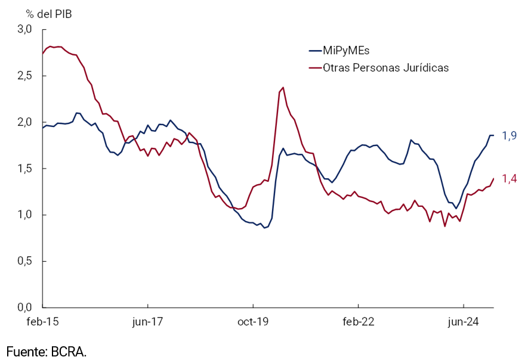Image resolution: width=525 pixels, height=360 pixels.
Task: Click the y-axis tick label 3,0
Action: [23, 29]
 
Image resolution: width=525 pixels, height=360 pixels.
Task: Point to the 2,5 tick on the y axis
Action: [23, 76]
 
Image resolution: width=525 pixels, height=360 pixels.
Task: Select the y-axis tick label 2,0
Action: [23, 122]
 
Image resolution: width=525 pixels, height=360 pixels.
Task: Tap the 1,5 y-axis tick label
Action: [23, 169]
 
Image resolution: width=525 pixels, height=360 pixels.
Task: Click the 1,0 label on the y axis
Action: [23, 215]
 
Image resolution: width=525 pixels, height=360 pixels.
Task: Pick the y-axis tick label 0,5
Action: [23, 261]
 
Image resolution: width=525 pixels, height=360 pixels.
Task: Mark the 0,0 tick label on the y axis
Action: [23, 308]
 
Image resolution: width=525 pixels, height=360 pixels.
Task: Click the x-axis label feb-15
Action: [43, 322]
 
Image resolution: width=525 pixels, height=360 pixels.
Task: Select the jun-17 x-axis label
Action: [148, 322]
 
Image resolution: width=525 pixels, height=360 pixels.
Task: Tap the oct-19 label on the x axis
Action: [253, 322]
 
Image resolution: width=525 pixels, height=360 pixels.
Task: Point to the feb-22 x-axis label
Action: [359, 322]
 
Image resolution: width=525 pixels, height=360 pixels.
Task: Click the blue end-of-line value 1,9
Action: [508, 136]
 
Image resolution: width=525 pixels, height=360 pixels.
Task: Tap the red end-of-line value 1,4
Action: [508, 178]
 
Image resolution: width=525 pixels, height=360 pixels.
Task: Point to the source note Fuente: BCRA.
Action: [47, 351]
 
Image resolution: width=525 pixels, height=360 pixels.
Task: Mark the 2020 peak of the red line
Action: [283, 88]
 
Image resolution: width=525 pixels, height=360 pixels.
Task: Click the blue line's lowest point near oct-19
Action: [264, 227]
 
